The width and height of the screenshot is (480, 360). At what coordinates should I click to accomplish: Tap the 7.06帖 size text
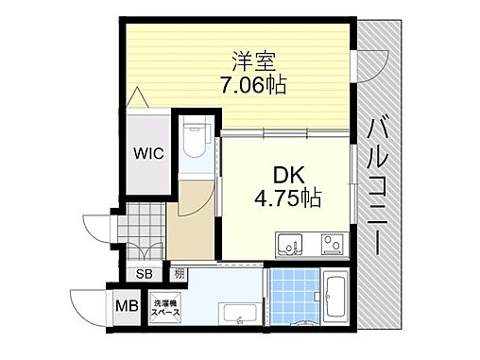click(250, 85)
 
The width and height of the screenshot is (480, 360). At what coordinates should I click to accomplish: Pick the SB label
click(145, 274)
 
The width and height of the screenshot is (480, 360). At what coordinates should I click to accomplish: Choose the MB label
click(124, 306)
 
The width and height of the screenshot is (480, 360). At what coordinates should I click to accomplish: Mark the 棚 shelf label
click(180, 274)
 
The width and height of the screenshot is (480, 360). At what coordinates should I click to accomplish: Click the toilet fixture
click(197, 142)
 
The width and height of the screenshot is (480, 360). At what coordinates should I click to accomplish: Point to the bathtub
click(334, 296)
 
